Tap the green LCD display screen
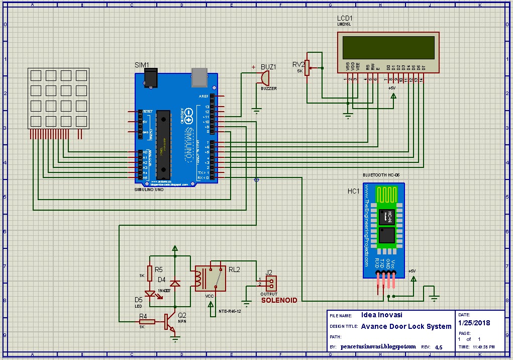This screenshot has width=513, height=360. [x=388, y=47]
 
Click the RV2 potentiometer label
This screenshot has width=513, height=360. [x=298, y=64]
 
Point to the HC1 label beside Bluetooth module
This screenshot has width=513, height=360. [x=353, y=192]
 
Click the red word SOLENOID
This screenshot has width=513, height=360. [x=279, y=300]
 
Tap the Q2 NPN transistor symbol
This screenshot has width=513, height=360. [x=169, y=322]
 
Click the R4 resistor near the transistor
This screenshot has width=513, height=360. [x=148, y=322]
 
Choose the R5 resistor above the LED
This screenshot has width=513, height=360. [x=149, y=272]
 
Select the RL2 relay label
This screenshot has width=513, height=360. [x=234, y=269]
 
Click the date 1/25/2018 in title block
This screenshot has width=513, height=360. [x=475, y=323]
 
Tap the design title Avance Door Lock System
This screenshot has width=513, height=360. [x=406, y=326]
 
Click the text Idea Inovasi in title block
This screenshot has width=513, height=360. [x=381, y=315]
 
